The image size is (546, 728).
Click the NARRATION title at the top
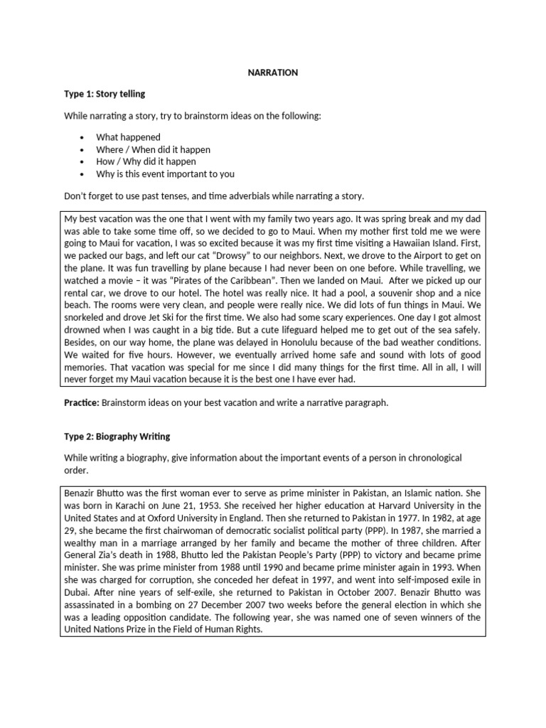click(273, 72)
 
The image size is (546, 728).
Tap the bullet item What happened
click(129, 137)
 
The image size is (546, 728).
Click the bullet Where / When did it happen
click(154, 149)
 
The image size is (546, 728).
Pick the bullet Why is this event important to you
click(165, 173)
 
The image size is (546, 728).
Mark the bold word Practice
click(81, 402)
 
